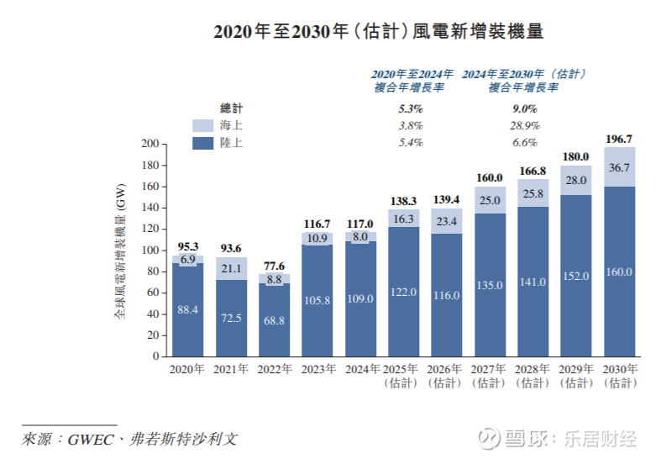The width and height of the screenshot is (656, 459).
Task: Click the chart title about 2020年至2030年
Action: [379, 32]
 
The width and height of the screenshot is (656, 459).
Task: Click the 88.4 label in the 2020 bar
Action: [187, 310]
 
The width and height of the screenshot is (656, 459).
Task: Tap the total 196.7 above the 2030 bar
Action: [620, 139]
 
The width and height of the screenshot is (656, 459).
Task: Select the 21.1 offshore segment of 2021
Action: [231, 269]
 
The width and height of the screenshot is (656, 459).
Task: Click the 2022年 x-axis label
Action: [274, 370]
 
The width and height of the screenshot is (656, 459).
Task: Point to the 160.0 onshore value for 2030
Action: [620, 272]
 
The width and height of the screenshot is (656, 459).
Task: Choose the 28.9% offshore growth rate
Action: [524, 125]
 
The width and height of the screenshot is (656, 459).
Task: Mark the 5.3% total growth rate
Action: [411, 108]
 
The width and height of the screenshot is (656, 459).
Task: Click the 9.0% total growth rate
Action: [524, 108]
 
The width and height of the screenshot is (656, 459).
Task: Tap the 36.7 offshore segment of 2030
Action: [620, 168]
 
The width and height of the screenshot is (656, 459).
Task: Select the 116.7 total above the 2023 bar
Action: [318, 224]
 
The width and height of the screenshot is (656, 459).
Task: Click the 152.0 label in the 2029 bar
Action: [576, 276]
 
